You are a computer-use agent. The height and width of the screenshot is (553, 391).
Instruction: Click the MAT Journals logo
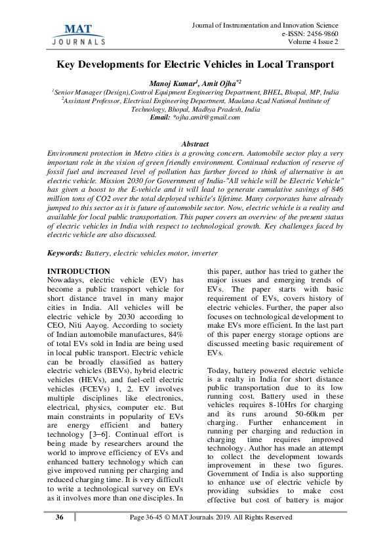tap(78, 33)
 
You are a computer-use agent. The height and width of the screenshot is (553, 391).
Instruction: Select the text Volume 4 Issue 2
tap(313, 43)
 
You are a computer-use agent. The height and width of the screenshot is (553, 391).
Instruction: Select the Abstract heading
tap(195, 144)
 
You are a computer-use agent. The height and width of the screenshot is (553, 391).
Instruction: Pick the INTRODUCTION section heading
tap(79, 253)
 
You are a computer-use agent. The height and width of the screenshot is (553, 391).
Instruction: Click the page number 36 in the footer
tap(60, 518)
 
